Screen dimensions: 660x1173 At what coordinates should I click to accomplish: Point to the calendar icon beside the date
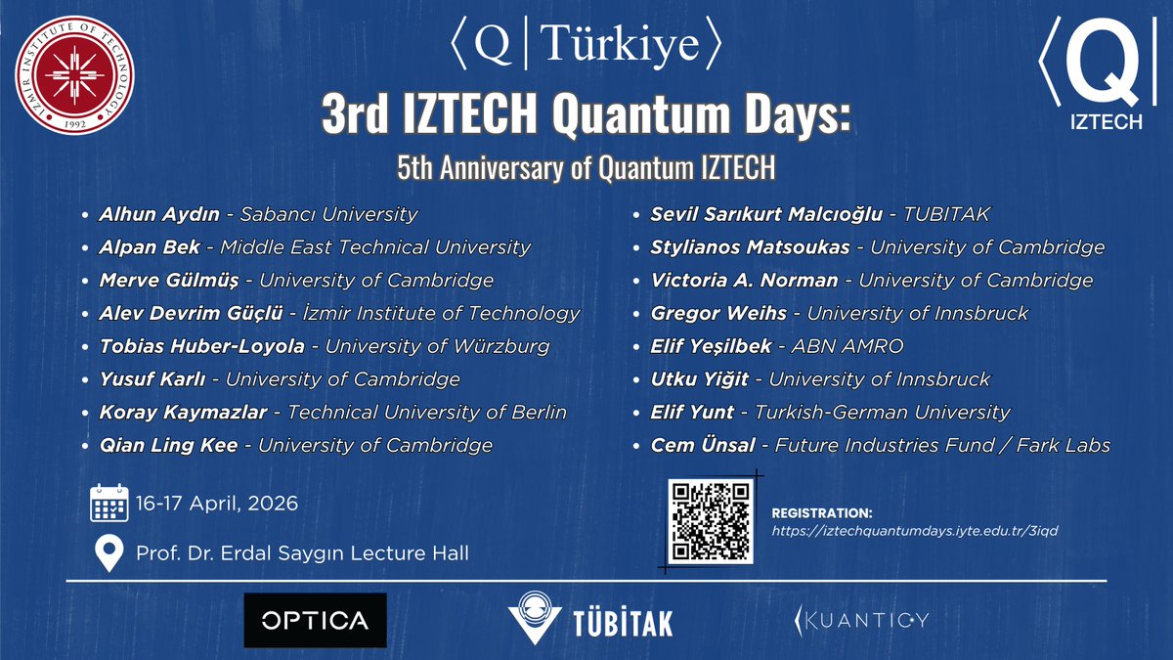tap(109, 504)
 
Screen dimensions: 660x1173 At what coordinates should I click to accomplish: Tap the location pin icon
tap(109, 552)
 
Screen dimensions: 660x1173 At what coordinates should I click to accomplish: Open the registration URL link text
tap(915, 531)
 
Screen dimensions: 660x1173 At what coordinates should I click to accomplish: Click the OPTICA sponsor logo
tap(315, 620)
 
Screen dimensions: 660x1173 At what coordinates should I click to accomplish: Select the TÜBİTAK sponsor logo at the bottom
tap(589, 620)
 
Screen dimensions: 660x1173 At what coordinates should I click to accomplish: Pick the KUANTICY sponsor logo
tap(860, 620)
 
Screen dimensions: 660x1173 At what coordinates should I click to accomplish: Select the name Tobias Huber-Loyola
tap(201, 346)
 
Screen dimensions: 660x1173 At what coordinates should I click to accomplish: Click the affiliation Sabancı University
tap(325, 214)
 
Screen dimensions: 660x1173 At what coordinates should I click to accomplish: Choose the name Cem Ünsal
tap(703, 445)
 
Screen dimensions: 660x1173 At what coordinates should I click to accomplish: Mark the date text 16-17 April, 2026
tap(217, 505)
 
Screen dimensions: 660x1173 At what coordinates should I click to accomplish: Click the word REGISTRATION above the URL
tap(821, 512)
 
